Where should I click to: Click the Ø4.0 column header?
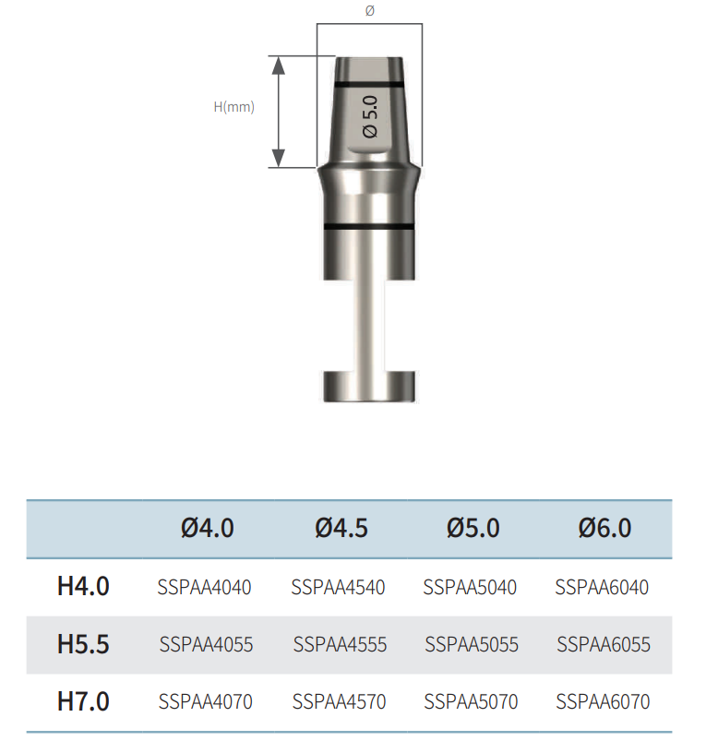[208, 528]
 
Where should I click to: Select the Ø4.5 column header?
[341, 528]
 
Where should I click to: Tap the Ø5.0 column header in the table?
[473, 528]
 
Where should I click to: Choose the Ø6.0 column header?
[604, 528]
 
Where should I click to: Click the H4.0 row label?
[83, 586]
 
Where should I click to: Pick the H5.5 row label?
[83, 644]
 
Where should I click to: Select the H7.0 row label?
[83, 701]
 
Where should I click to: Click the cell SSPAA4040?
[206, 587]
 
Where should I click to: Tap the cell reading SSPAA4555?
[340, 644]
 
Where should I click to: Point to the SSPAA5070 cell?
[471, 702]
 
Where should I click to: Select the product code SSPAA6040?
[603, 587]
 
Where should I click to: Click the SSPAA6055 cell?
[604, 644]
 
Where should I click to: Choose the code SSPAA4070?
[206, 702]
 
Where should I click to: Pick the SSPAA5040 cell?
[471, 587]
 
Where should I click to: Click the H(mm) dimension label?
[233, 107]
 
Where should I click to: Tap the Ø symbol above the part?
[370, 10]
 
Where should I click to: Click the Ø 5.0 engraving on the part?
[371, 116]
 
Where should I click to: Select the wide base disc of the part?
[369, 386]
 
